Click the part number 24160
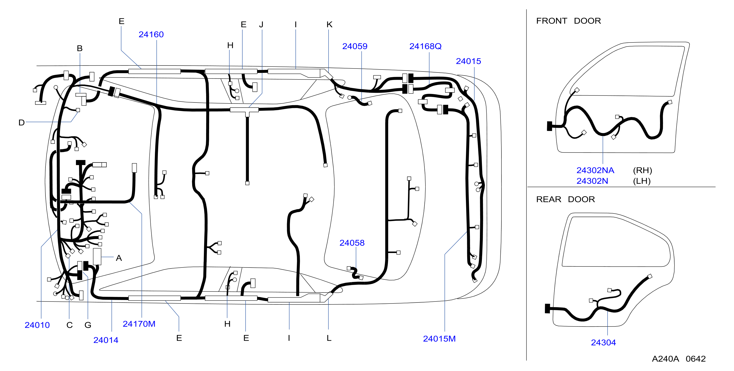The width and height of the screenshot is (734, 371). tap(151, 34)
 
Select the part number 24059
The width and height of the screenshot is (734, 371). tap(355, 46)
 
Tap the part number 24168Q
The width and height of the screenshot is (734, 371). tap(425, 46)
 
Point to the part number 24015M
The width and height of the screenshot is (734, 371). tap(439, 339)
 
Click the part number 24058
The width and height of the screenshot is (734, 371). tap(352, 243)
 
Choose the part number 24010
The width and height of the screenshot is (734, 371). tap(37, 325)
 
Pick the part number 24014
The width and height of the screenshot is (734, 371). tap(106, 340)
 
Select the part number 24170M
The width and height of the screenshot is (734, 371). tap(139, 324)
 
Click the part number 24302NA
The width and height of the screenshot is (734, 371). tap(595, 170)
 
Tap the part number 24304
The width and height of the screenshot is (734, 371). tap(603, 342)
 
